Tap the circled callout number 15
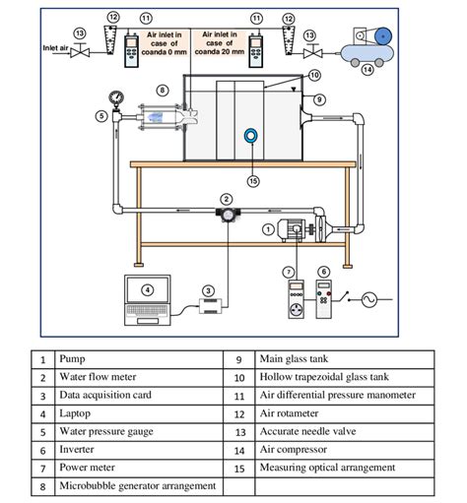pyautogui.click(x=253, y=179)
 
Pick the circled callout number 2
pyautogui.click(x=226, y=199)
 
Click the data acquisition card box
pyautogui.click(x=209, y=308)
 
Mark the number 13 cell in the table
pyautogui.click(x=238, y=431)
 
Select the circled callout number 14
pyautogui.click(x=367, y=69)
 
